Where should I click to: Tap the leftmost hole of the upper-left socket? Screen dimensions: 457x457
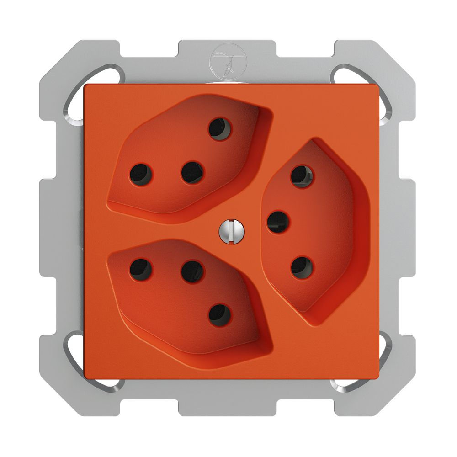point(141,174)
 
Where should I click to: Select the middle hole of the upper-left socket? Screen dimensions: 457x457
point(192,172)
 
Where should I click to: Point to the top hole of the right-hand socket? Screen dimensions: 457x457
point(302,176)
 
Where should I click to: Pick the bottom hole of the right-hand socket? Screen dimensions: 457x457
point(302,268)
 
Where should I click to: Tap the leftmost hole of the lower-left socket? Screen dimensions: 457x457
point(141,269)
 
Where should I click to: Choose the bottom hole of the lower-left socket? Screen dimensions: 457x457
point(220,315)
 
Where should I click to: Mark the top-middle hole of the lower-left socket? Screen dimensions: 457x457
point(192,271)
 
